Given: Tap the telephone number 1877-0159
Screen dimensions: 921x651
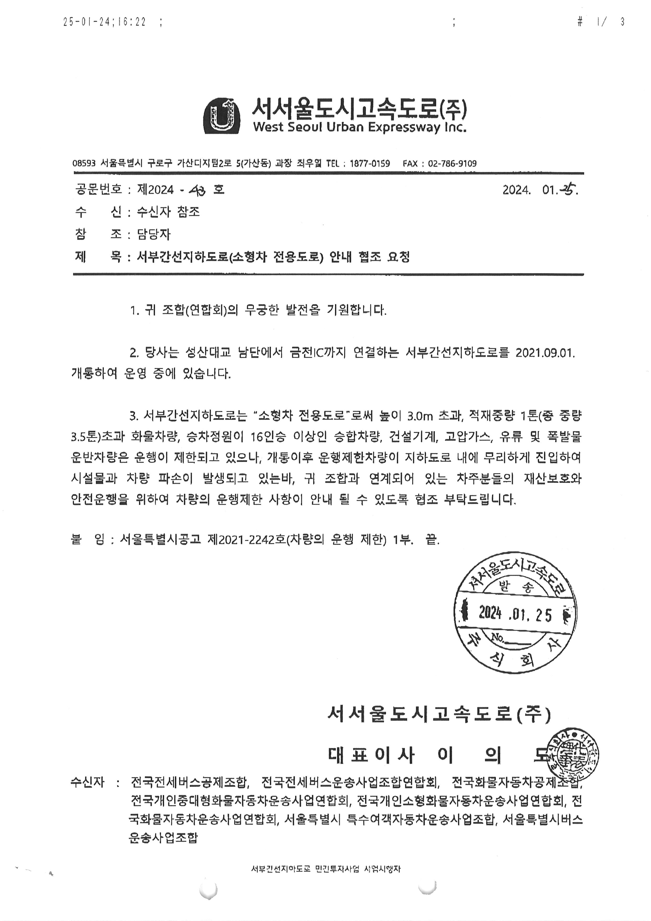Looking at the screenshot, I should [370, 164].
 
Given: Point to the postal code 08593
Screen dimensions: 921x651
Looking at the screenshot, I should [84, 164].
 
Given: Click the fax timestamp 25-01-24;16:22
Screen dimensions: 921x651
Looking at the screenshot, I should [105, 22].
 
